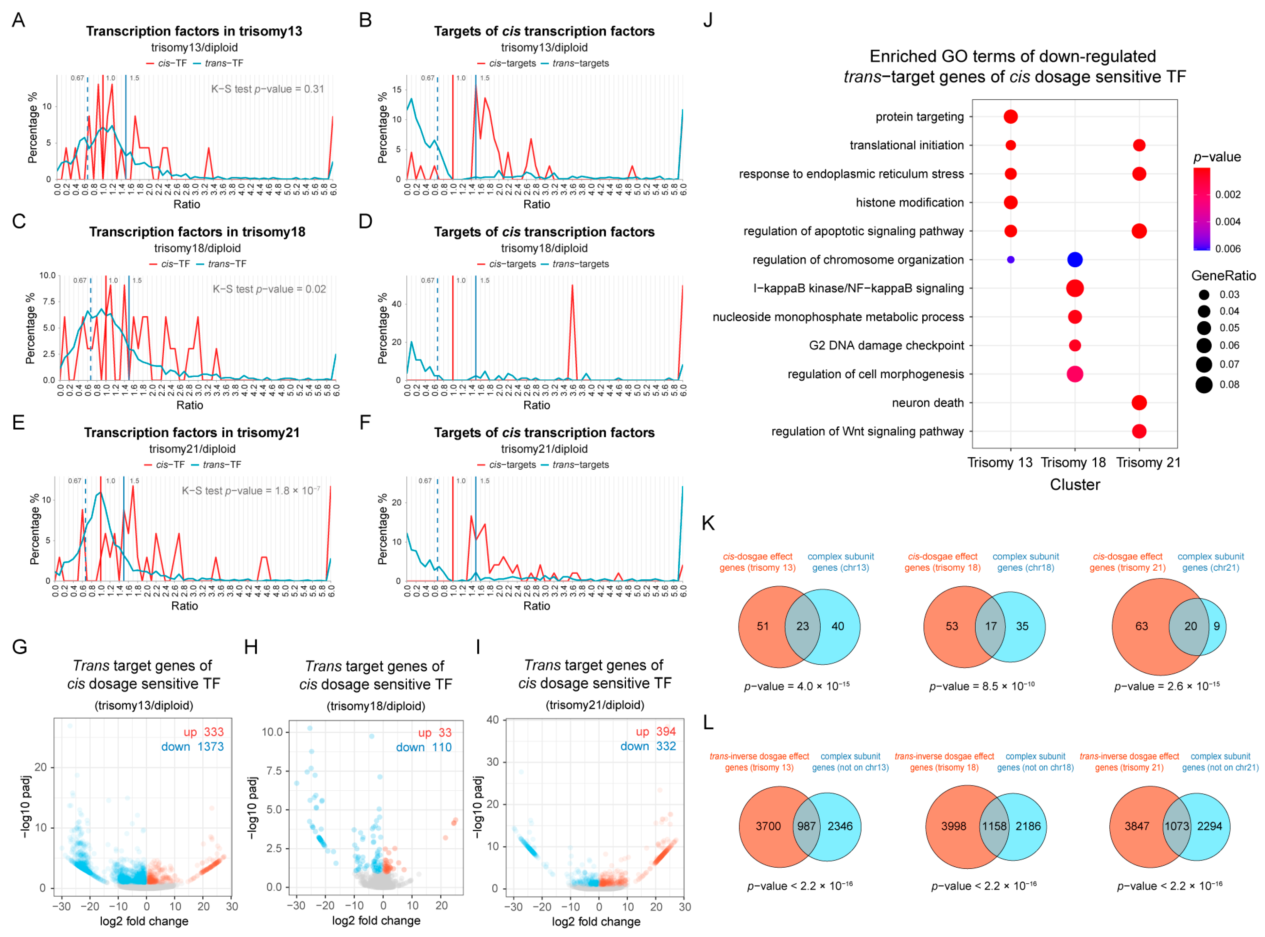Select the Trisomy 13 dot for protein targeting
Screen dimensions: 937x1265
click(1010, 117)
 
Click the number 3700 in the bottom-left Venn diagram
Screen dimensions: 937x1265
click(768, 826)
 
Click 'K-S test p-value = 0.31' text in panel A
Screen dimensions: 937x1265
click(267, 89)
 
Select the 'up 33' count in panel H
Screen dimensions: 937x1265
click(434, 733)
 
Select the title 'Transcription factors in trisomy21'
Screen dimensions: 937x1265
click(192, 433)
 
